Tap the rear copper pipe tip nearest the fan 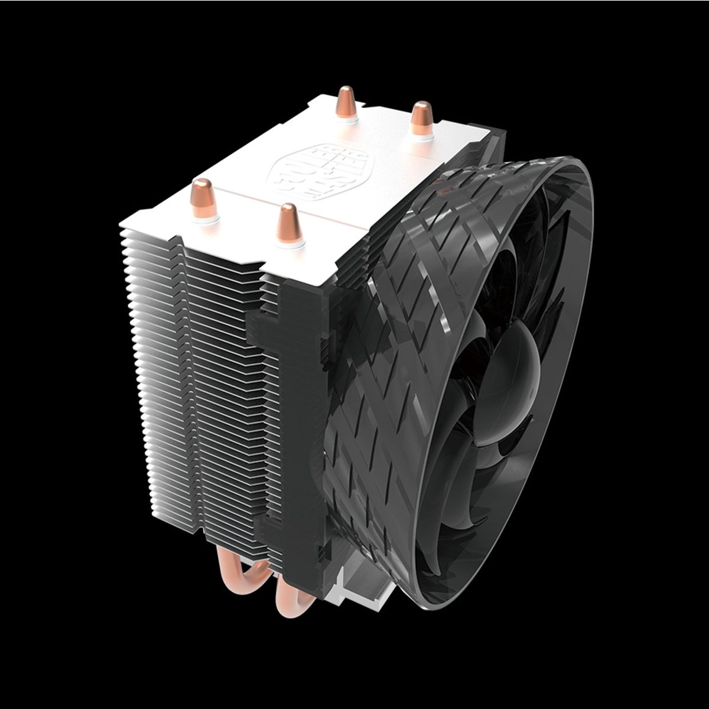[x=422, y=115]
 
